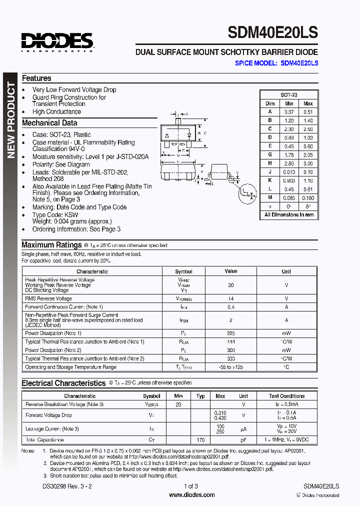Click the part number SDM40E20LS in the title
(x=272, y=32)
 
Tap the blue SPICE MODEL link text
(x=276, y=63)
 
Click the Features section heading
(x=36, y=78)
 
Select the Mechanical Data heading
(x=49, y=123)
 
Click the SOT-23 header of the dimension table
(x=289, y=94)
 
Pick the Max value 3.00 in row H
(x=308, y=163)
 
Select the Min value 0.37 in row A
(x=289, y=112)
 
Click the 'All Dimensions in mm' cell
(x=289, y=215)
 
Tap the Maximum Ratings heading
(x=51, y=245)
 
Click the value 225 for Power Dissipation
(x=231, y=333)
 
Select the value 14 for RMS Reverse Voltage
(x=231, y=298)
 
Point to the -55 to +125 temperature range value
(x=231, y=367)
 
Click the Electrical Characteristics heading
(x=63, y=383)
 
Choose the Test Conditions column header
(x=287, y=396)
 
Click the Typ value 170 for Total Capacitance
(x=200, y=440)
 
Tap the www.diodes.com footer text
(x=192, y=494)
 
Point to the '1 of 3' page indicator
(x=191, y=486)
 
